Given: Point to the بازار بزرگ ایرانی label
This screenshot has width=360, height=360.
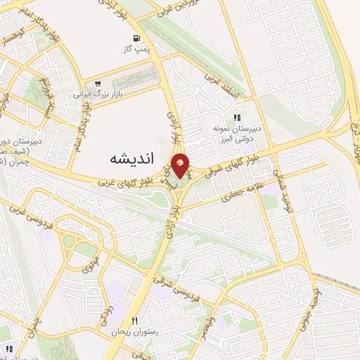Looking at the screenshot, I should (105, 93).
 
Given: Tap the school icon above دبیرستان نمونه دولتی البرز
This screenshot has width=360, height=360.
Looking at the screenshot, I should (238, 117).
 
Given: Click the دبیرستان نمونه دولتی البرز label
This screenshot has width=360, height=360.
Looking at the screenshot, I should (238, 133).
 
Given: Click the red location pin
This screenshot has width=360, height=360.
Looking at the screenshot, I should (181, 165).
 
